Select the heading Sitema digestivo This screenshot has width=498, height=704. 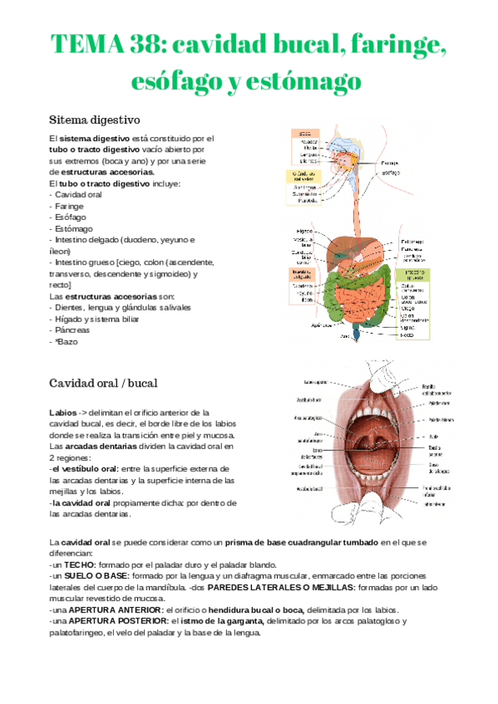tap(95, 119)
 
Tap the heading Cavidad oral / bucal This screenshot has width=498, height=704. tap(103, 383)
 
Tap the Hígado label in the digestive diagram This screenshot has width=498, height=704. tap(303, 230)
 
